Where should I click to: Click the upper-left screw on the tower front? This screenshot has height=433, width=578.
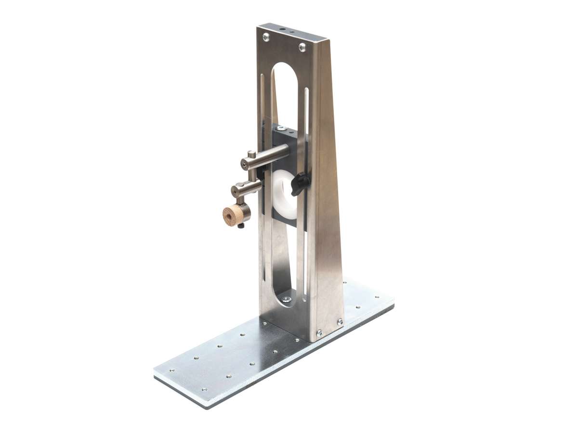tap(266, 36)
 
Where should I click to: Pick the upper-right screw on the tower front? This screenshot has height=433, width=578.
tap(302, 47)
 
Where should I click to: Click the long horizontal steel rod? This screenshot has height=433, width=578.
tap(270, 157)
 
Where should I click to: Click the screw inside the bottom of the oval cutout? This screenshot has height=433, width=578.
tap(286, 299)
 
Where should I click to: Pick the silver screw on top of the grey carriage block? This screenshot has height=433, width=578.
tap(284, 128)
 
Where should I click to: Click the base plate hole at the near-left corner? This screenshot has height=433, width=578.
tap(171, 371)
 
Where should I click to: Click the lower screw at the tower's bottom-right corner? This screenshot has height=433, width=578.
tap(318, 332)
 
